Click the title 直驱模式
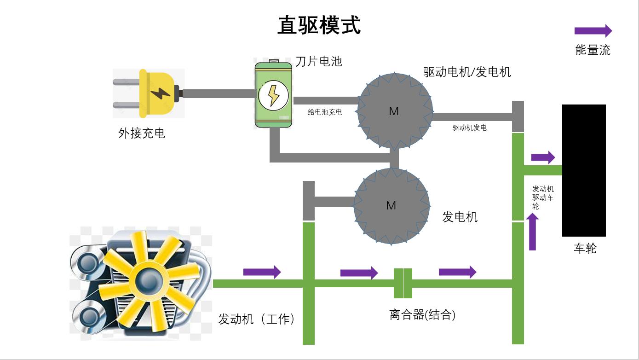click(319, 25)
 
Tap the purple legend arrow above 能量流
click(593, 31)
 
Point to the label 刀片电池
click(319, 61)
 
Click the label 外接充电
click(142, 134)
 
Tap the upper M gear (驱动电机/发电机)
click(394, 111)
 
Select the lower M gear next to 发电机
click(391, 205)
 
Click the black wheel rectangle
click(583, 170)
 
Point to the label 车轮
click(585, 248)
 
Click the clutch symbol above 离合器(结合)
click(403, 283)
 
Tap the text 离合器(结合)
click(422, 315)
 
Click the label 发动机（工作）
click(257, 319)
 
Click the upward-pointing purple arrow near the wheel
click(533, 232)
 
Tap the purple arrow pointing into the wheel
click(543, 157)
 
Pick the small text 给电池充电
click(325, 112)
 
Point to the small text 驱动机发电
click(469, 128)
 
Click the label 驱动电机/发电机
click(467, 72)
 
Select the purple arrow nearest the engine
click(262, 272)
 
